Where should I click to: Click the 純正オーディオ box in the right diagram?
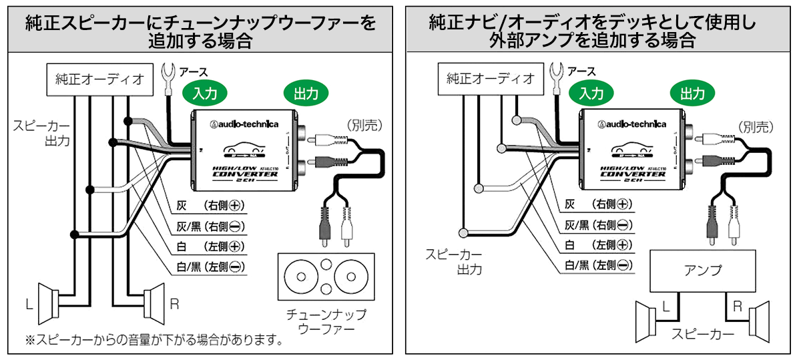[x=491, y=79]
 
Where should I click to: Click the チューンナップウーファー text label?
[x=326, y=321]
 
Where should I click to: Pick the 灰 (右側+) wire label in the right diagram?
[x=598, y=204]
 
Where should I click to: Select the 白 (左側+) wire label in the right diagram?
[x=598, y=246]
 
